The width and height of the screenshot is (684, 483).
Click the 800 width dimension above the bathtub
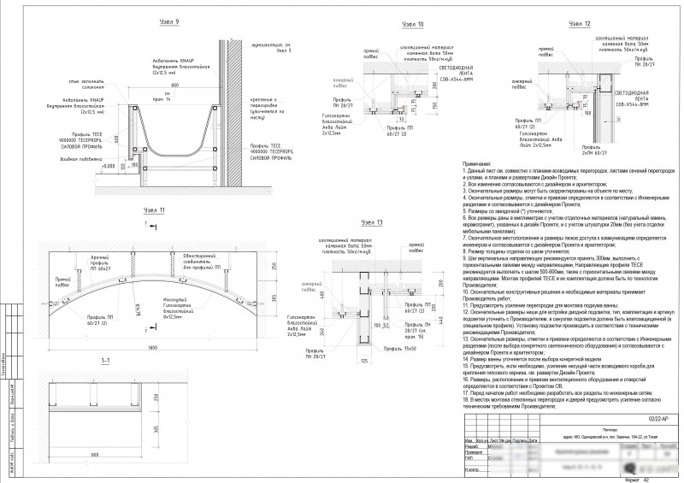click(x=174, y=86)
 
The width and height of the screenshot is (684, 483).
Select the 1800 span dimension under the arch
click(x=152, y=347)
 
